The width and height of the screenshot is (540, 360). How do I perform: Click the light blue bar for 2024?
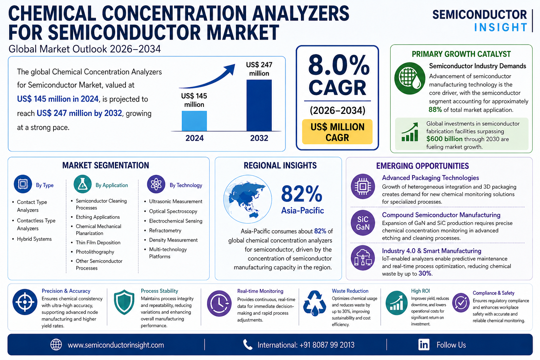[194, 121]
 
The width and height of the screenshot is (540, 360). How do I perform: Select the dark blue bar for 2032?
[259, 105]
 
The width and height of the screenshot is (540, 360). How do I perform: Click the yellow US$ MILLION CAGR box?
[337, 132]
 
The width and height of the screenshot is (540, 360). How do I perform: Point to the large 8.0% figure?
[339, 65]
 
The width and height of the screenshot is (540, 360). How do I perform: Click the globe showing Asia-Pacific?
[247, 199]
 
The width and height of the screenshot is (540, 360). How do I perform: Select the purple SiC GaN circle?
[362, 223]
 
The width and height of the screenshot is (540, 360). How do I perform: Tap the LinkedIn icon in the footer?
[424, 345]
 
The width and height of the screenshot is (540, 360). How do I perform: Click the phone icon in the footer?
[247, 345]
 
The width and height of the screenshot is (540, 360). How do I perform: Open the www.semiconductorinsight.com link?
[116, 345]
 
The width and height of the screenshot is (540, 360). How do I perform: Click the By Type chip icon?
[23, 184]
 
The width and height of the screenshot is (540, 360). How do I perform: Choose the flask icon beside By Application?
[83, 184]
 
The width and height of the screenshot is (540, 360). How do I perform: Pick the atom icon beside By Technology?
[156, 184]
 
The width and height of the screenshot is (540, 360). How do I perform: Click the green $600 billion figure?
[444, 139]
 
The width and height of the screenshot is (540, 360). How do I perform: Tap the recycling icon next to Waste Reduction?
[314, 303]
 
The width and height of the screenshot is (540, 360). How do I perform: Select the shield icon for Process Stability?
[124, 302]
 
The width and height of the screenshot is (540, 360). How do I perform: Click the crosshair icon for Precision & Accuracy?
[25, 302]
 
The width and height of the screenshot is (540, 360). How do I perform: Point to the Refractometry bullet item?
[165, 231]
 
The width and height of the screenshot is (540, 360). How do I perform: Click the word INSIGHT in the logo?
[501, 27]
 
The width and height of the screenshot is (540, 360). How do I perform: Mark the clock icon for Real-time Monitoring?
[219, 303]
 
